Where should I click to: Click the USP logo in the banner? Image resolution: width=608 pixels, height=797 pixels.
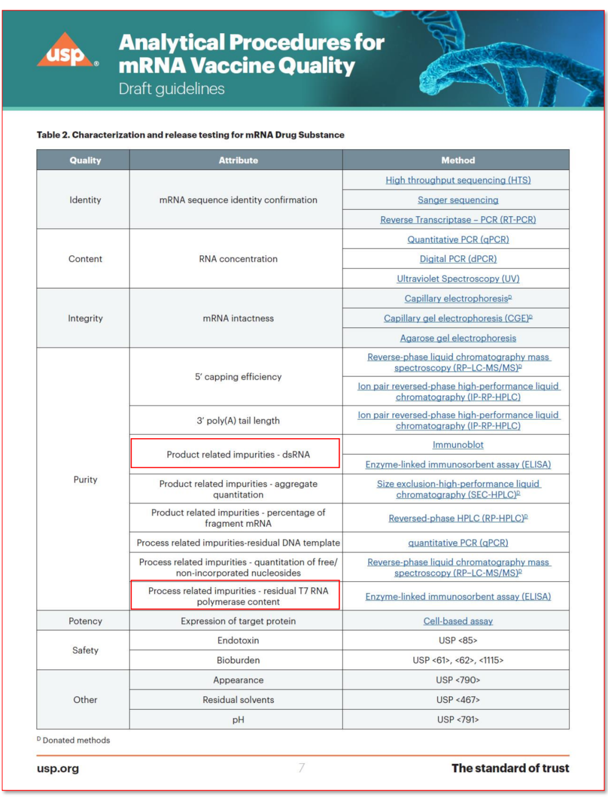(65, 52)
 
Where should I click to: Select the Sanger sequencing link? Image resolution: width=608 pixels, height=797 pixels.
(458, 200)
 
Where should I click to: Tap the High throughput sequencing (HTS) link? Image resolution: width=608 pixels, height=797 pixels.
(458, 180)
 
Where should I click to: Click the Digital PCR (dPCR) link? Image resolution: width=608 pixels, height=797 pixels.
(458, 259)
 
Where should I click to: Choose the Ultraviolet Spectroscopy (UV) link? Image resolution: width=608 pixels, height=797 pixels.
(458, 279)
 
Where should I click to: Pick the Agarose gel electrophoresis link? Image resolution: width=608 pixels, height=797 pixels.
(458, 338)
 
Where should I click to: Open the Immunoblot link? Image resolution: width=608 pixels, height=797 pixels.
(458, 445)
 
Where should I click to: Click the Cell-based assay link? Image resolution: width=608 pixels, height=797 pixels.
(458, 621)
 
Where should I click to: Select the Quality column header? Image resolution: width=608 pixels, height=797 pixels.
(85, 161)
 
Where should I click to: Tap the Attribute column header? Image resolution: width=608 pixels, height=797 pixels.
(238, 161)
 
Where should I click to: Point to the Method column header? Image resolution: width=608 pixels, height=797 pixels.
(458, 161)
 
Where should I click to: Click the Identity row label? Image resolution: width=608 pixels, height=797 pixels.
(85, 200)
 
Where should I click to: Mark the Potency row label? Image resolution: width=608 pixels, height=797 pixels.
(85, 621)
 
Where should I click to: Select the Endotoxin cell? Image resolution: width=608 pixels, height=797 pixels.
(238, 640)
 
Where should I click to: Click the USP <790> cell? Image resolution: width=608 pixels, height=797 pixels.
(458, 680)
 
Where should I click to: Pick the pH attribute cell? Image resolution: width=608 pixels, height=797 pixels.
(238, 720)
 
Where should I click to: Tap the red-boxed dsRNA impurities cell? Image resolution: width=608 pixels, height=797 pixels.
(235, 454)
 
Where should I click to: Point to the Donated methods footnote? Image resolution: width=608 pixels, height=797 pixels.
(75, 740)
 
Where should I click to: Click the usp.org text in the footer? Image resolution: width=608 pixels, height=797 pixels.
(58, 768)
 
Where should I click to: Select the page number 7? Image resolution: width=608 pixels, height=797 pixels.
(302, 768)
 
